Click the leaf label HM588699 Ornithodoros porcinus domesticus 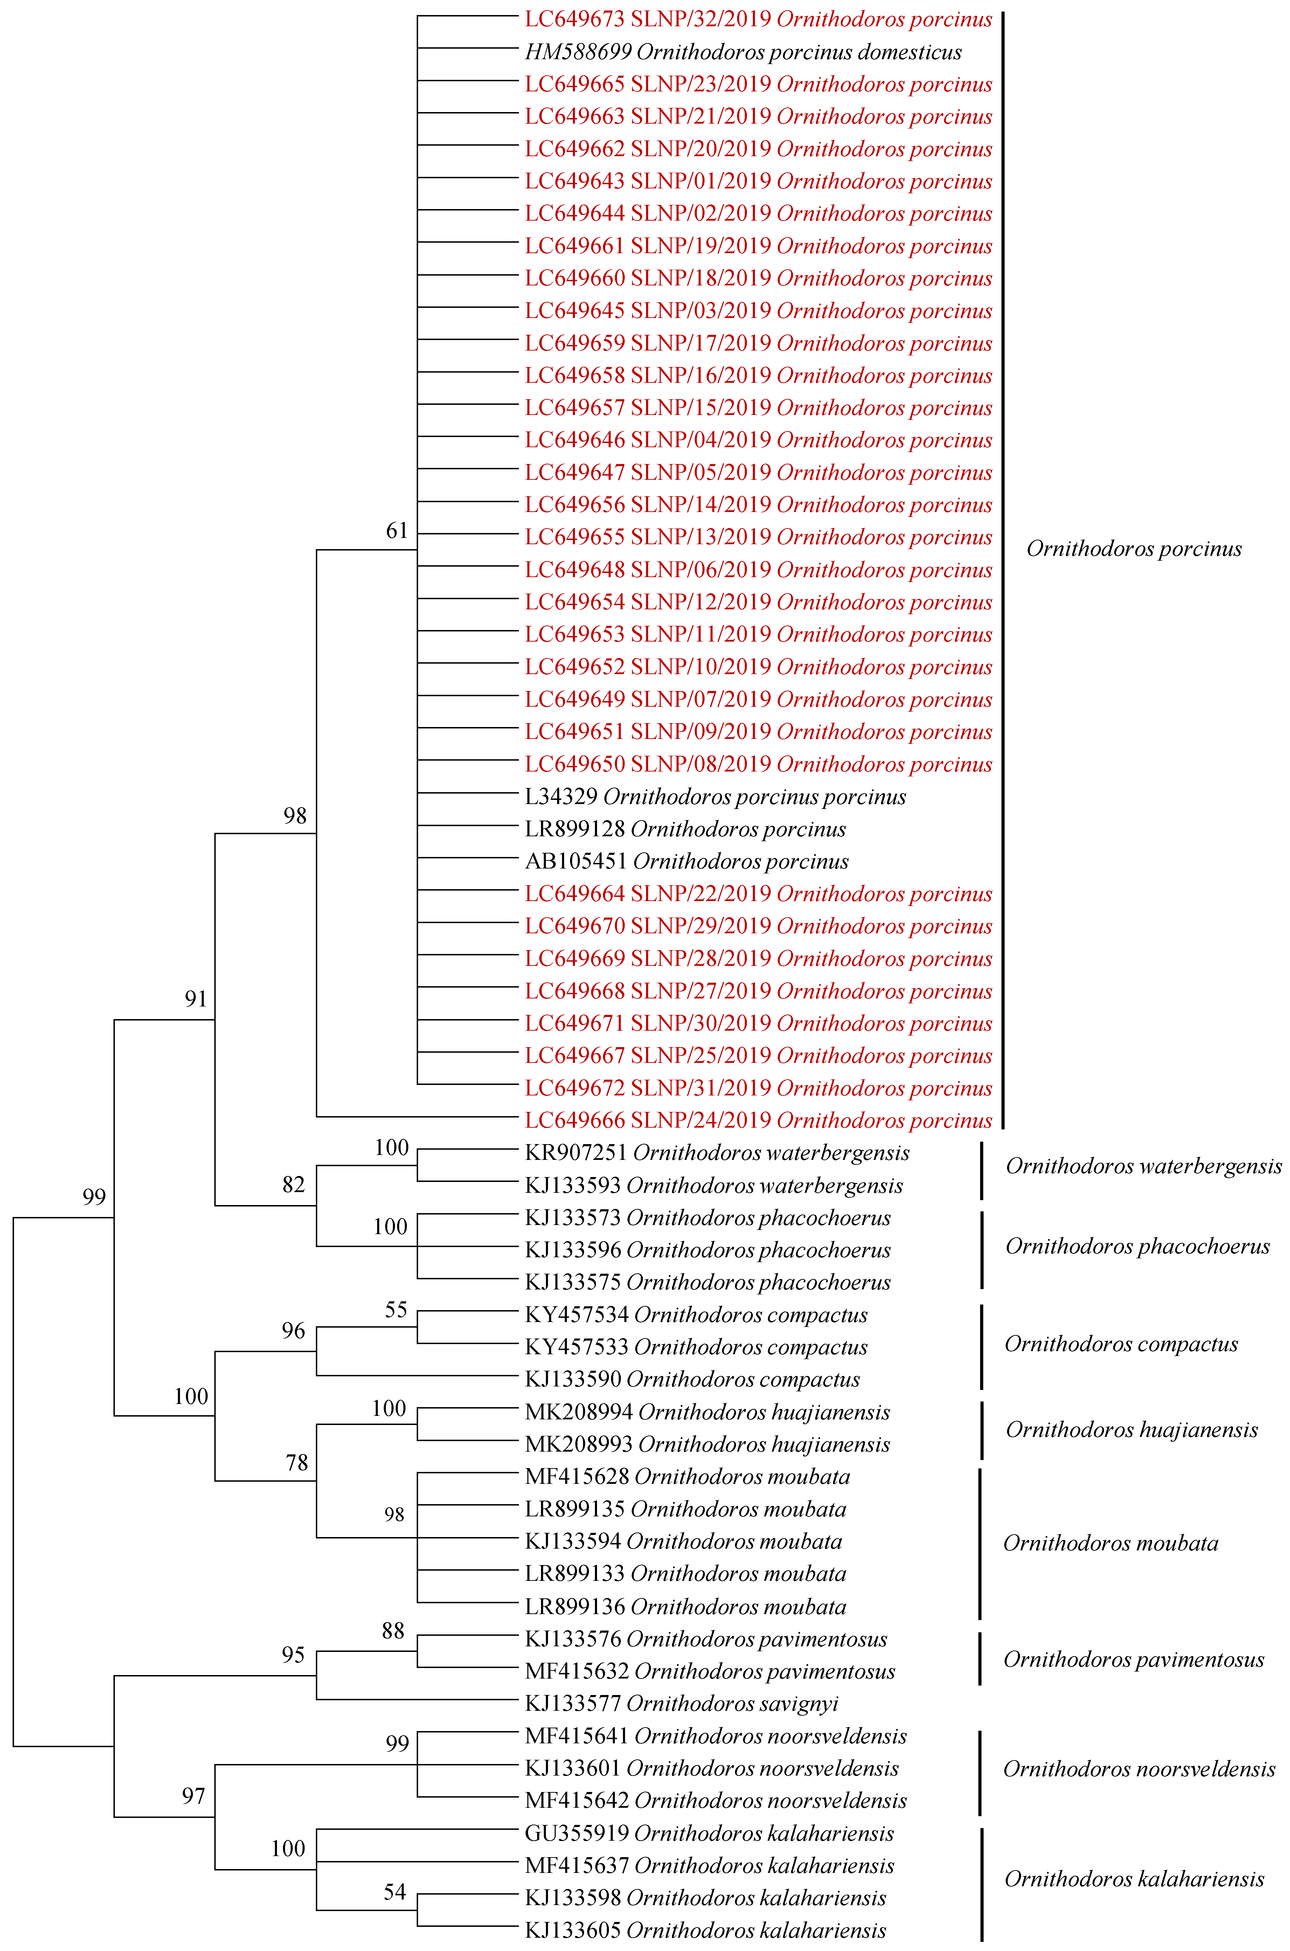pyautogui.click(x=743, y=52)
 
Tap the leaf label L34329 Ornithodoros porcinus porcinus pyautogui.click(x=715, y=796)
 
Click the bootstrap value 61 pyautogui.click(x=397, y=531)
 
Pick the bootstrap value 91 pyautogui.click(x=196, y=999)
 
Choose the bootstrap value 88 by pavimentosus pyautogui.click(x=393, y=1631)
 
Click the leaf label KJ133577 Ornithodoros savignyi pyautogui.click(x=681, y=1703)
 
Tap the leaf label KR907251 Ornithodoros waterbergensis pyautogui.click(x=716, y=1153)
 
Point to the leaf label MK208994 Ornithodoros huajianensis pyautogui.click(x=707, y=1412)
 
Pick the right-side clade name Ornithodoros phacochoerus pyautogui.click(x=1137, y=1246)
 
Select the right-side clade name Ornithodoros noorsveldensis pyautogui.click(x=1139, y=1769)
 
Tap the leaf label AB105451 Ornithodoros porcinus pyautogui.click(x=686, y=862)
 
